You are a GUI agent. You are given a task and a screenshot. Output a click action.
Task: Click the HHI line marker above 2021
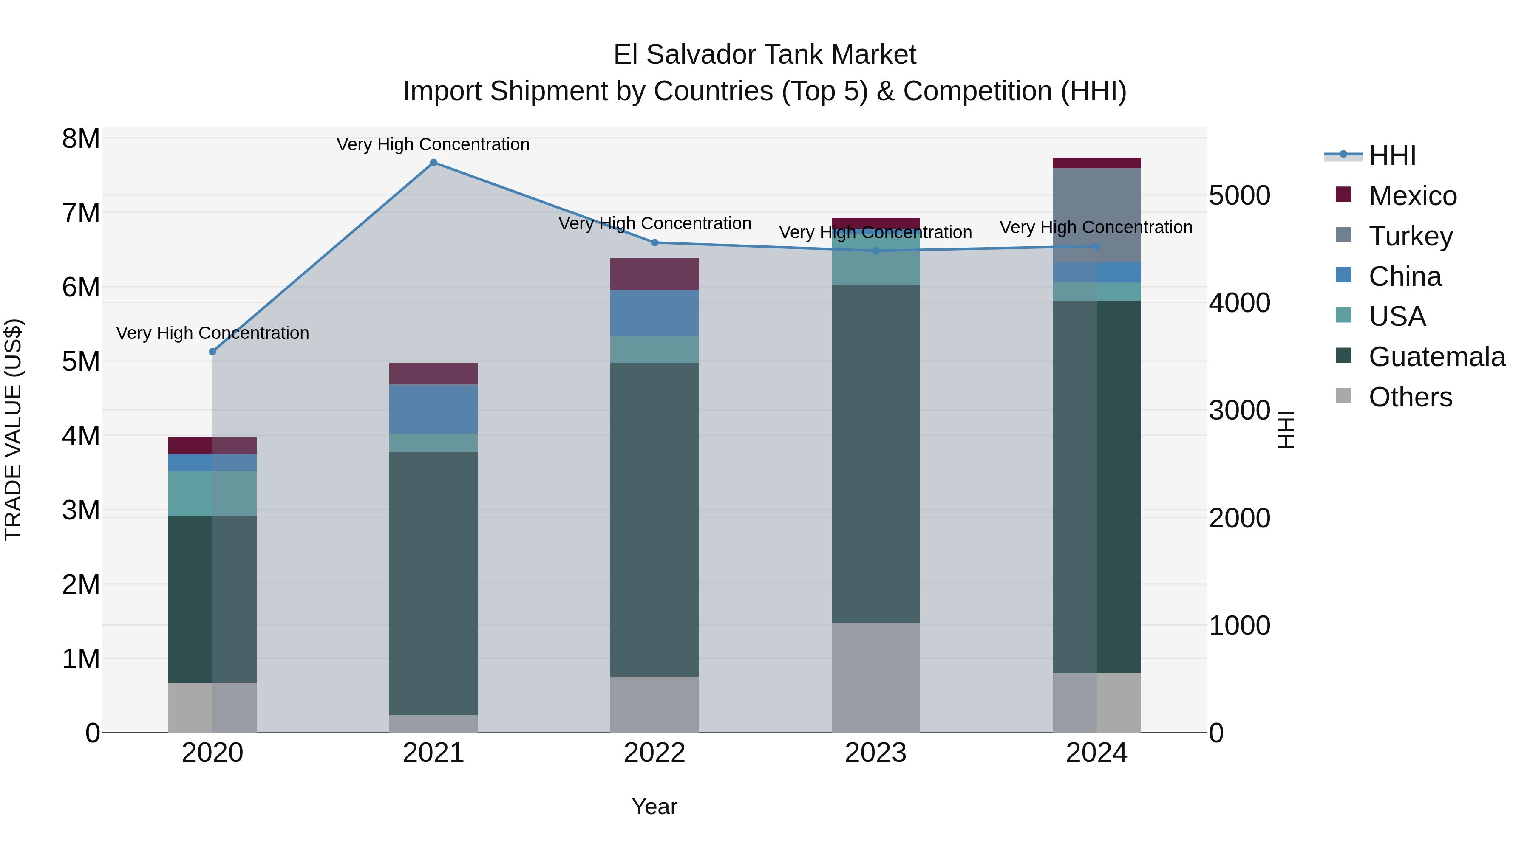click(x=433, y=163)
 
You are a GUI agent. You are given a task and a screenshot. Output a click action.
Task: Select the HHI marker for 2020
click(x=212, y=351)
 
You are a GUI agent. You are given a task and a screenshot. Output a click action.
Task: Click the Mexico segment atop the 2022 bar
click(x=654, y=274)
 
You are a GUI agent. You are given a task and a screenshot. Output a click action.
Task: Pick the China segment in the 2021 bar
click(x=433, y=409)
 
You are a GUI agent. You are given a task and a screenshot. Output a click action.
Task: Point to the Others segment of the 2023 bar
click(x=875, y=677)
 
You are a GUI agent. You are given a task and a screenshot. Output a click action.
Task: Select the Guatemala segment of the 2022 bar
click(x=654, y=519)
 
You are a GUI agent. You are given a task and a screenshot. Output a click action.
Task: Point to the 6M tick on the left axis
click(x=81, y=287)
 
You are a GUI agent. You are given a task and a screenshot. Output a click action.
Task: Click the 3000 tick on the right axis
click(x=1240, y=411)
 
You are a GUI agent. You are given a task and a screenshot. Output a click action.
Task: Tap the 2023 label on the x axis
click(x=875, y=753)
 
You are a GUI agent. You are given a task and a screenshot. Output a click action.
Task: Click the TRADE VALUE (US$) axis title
click(x=14, y=430)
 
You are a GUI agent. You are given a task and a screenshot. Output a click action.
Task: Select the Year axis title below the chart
click(x=654, y=806)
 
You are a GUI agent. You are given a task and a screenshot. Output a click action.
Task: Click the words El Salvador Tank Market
click(x=765, y=55)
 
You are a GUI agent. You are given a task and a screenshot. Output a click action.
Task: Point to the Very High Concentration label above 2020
click(x=212, y=333)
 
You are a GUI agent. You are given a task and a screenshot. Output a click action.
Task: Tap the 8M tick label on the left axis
click(x=81, y=139)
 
